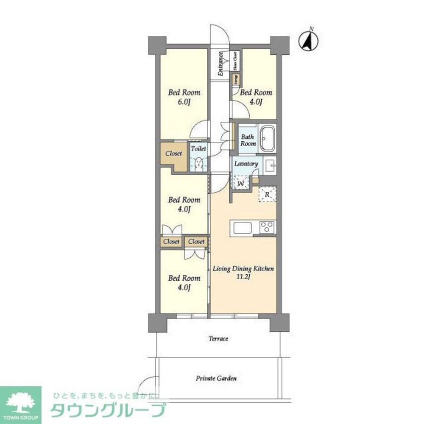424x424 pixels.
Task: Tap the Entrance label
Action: coord(221,64)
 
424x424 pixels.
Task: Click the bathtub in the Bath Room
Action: coord(267,138)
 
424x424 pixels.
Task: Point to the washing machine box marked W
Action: coord(240,183)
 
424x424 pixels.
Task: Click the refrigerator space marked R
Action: coord(267,195)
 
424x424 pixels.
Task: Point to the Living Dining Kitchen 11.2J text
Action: coord(243,273)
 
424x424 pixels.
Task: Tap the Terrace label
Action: coord(218,339)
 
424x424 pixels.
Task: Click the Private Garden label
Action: coord(216,378)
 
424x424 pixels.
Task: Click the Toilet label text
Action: coord(198,149)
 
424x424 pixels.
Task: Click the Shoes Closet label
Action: coord(235,60)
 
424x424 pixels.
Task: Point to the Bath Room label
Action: coord(248,140)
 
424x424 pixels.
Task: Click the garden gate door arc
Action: coord(148,384)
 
